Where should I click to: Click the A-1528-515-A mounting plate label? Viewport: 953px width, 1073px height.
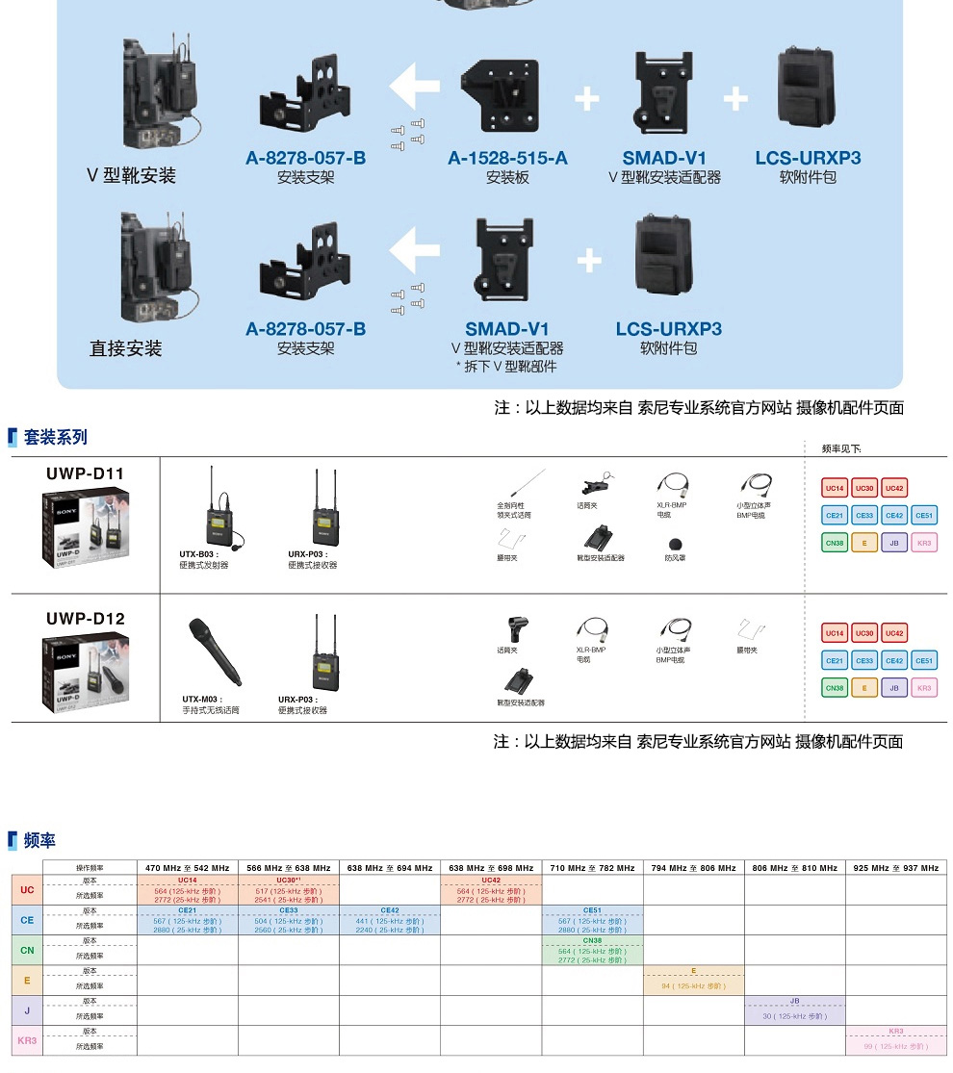click(x=507, y=158)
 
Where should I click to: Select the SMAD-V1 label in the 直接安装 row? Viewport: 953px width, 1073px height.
click(x=507, y=329)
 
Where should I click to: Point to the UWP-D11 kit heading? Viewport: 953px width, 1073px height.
click(x=86, y=473)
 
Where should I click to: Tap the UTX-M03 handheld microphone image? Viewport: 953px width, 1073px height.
click(x=214, y=651)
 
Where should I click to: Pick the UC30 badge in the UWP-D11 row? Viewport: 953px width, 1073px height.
click(x=864, y=488)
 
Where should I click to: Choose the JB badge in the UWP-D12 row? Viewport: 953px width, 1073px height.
click(x=894, y=688)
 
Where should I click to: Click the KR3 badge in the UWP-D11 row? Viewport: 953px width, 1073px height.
click(x=924, y=543)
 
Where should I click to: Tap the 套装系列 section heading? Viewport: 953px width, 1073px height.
click(x=55, y=437)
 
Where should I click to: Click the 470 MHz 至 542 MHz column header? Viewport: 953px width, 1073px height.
click(x=188, y=868)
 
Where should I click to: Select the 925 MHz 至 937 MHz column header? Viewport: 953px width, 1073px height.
click(x=896, y=868)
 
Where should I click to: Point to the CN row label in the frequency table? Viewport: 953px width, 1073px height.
click(x=27, y=950)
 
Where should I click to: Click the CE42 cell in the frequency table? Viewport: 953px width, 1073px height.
click(x=390, y=909)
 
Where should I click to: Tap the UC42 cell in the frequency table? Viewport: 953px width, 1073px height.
click(x=491, y=880)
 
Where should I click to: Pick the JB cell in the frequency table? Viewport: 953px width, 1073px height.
click(x=795, y=1001)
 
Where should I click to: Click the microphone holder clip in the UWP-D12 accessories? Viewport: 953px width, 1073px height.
click(x=510, y=629)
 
